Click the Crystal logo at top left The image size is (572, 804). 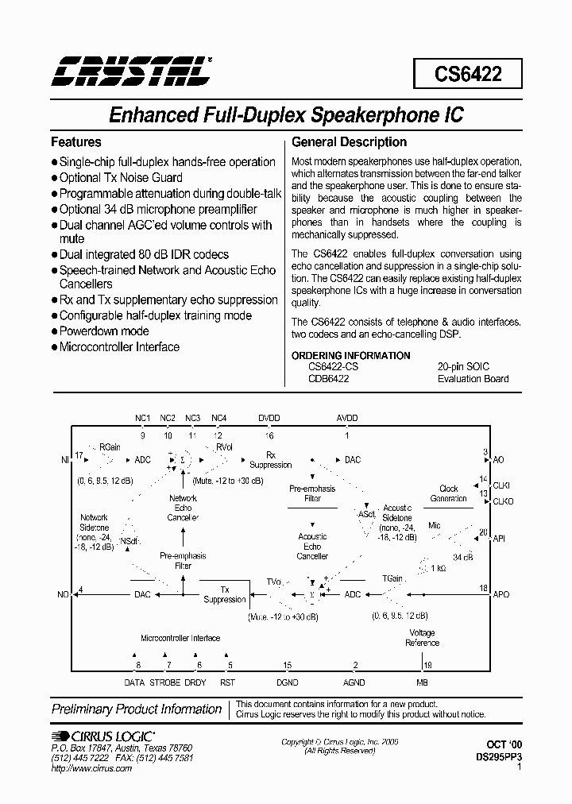[x=130, y=72]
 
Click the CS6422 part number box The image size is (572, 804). [x=467, y=74]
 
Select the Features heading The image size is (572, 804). [x=76, y=142]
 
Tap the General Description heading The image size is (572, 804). [x=350, y=142]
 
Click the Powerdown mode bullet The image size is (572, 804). [x=103, y=330]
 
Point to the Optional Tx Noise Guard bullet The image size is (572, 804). [x=121, y=177]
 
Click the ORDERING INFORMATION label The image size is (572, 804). [x=351, y=355]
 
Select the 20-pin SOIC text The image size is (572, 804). [x=463, y=366]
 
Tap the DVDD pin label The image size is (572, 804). [x=269, y=418]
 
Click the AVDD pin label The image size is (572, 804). [x=347, y=418]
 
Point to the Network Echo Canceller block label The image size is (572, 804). [x=184, y=508]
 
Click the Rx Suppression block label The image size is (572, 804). [x=271, y=460]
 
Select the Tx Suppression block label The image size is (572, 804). [x=225, y=595]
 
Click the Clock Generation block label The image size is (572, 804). [x=449, y=493]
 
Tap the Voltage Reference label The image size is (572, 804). [x=422, y=637]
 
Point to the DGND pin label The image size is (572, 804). [x=287, y=682]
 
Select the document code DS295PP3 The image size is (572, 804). [x=497, y=758]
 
